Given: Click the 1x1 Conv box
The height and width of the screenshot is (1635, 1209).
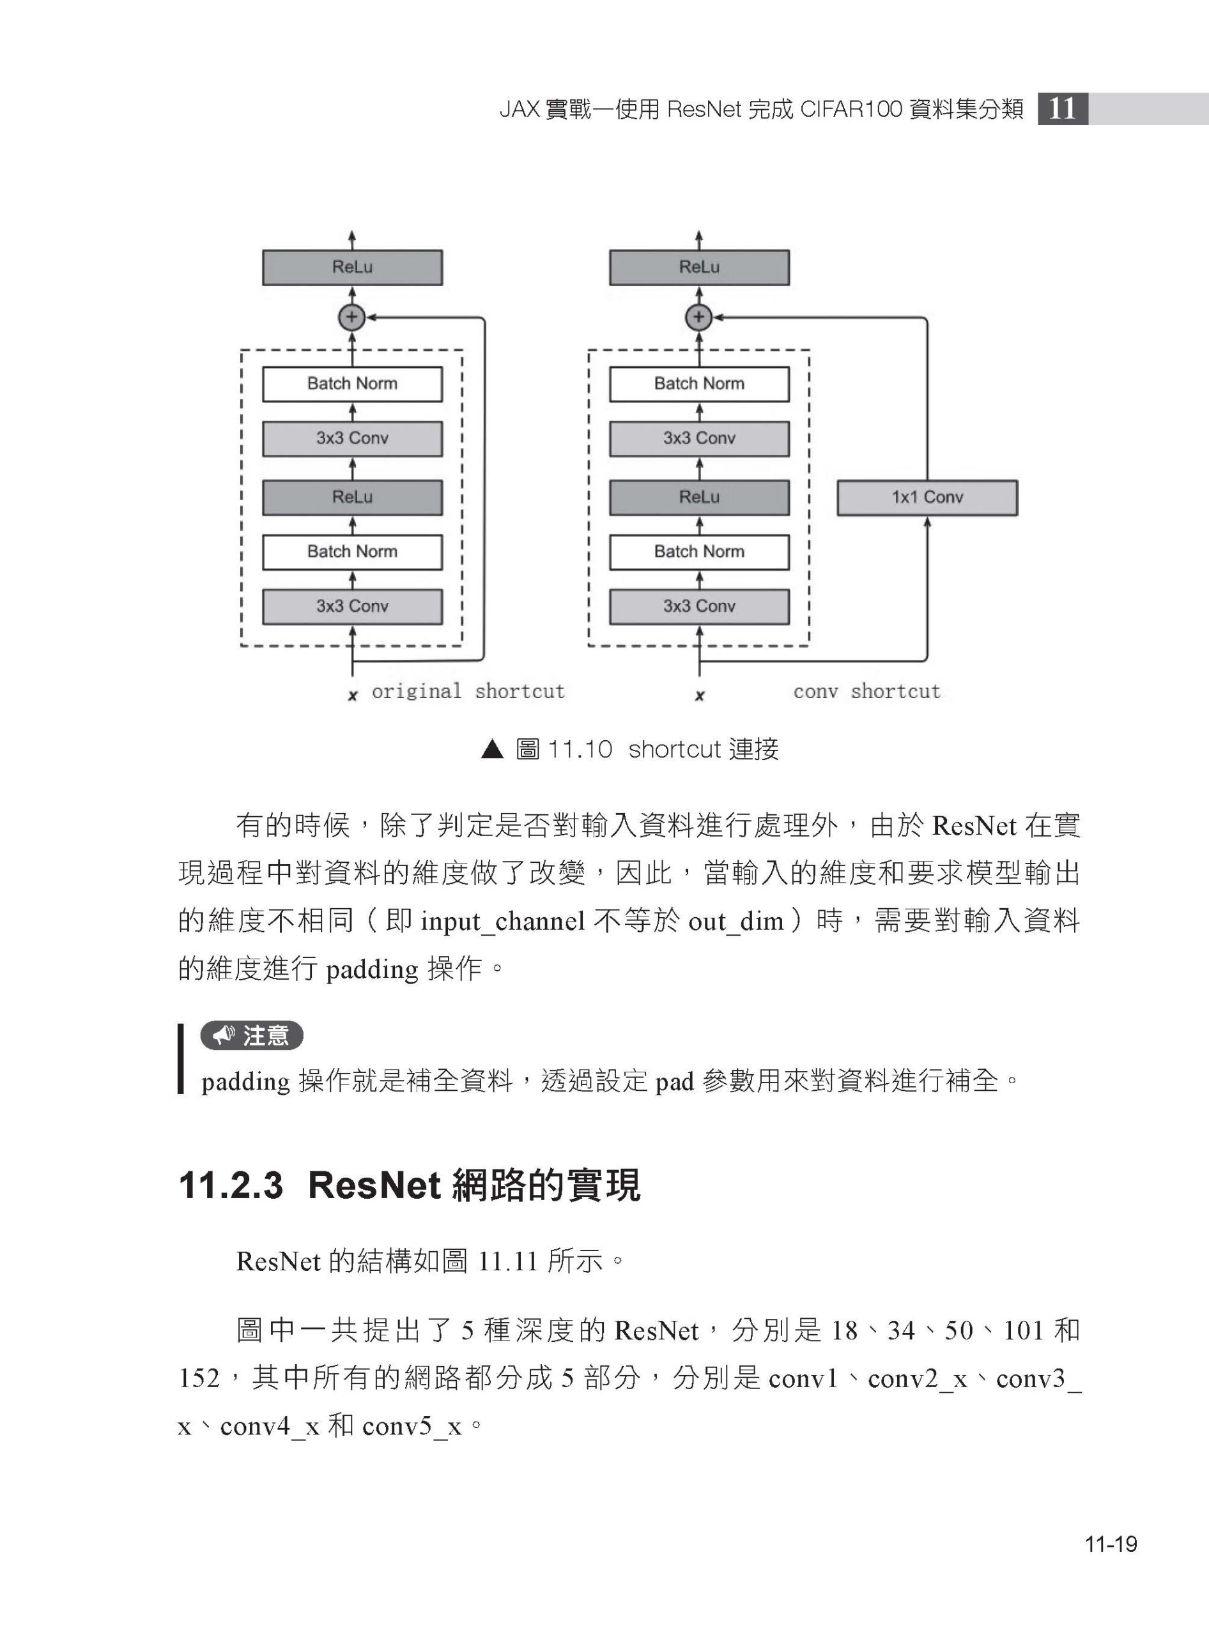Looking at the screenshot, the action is coord(927,498).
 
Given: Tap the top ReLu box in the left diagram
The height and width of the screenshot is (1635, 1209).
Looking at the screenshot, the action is coord(352,267).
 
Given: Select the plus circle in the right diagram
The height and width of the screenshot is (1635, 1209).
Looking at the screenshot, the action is coord(698,317).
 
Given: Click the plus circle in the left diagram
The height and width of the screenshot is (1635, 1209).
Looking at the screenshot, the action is coord(351,317).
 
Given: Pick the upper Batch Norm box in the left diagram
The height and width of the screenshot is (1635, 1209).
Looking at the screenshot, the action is coord(352,384).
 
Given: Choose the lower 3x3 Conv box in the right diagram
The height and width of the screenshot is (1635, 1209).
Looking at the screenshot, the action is coord(699,607).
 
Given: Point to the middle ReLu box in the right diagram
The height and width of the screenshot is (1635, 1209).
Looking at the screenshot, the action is coord(699,498).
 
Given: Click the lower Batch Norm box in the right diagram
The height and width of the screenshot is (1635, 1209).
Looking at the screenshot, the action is coord(699,552).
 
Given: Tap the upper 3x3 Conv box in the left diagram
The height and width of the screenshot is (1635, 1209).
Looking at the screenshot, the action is coord(352,438).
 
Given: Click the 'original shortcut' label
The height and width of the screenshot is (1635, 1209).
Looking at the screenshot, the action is coord(468,691).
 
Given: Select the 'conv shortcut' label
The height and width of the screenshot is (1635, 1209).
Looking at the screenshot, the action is coord(866,691).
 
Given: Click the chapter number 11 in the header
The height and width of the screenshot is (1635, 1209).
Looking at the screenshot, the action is coord(1063,109).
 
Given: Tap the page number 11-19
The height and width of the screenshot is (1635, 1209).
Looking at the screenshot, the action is coord(1111,1544).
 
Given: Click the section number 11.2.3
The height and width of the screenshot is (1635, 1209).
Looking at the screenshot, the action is coord(231,1185).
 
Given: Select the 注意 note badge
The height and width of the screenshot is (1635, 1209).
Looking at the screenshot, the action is coord(252,1035).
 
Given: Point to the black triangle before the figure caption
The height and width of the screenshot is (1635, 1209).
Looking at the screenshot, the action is coord(493,749).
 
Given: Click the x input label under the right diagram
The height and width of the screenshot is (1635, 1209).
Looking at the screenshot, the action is coord(700,696).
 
